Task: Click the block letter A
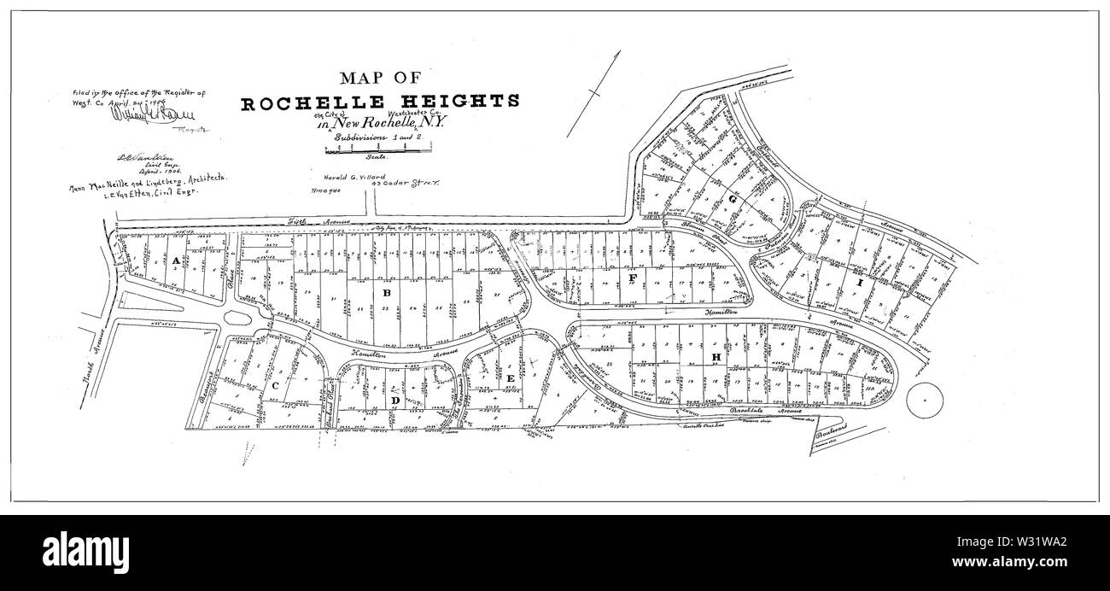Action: coord(175,260)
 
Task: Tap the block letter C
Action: coord(275,386)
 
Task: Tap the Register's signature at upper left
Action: coord(137,115)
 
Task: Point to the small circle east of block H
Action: coord(924,400)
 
